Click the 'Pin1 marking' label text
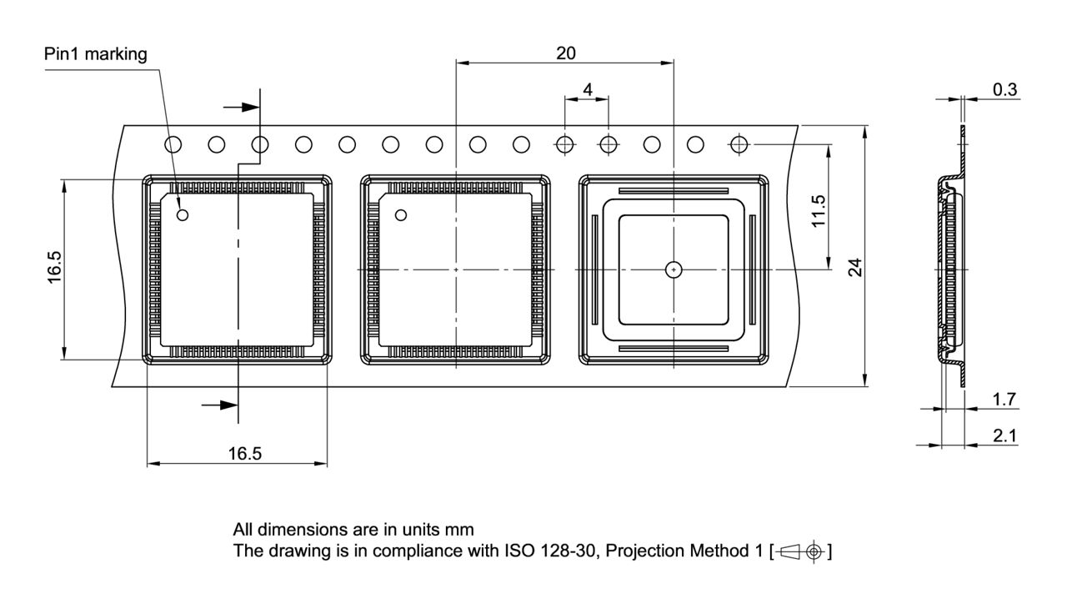pos(95,55)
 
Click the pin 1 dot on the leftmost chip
pos(183,215)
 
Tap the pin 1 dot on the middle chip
pos(401,215)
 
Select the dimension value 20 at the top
pos(565,53)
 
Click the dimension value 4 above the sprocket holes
pos(588,89)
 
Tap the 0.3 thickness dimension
pos(1004,90)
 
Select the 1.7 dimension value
pos(1004,399)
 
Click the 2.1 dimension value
pos(1004,435)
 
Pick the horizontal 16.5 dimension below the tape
pos(245,454)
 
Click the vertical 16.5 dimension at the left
pos(55,269)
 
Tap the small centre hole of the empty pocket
pos(674,269)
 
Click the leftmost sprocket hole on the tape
pos(173,144)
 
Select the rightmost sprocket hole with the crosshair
pos(739,144)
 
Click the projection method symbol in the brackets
pos(802,551)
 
